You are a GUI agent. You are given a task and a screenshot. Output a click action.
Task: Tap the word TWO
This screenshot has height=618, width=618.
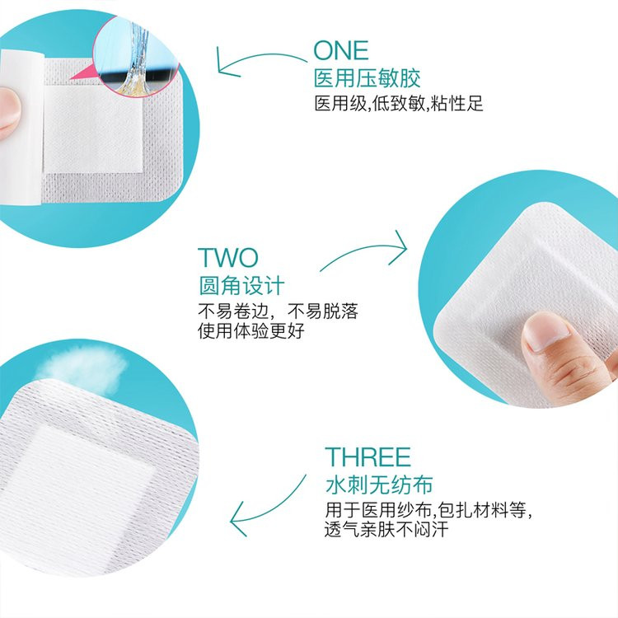227,258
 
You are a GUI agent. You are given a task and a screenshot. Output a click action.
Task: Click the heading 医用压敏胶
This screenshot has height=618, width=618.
368,78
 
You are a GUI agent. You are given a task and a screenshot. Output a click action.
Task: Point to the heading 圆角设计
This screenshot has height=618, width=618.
241,285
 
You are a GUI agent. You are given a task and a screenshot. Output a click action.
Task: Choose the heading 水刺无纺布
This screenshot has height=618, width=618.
378,484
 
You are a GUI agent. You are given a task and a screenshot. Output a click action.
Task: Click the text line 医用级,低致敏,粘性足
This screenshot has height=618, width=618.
398,105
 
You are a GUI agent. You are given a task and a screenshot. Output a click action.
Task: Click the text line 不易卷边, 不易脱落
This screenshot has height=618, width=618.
278,312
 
